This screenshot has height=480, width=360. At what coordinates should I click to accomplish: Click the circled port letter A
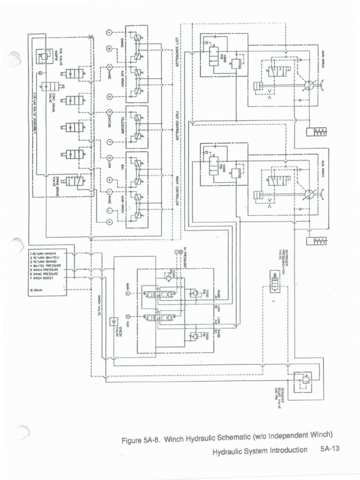pyautogui.click(x=109, y=32)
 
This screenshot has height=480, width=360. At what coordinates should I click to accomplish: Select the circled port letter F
pyautogui.click(x=109, y=142)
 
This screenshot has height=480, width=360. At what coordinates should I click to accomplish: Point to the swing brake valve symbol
pyautogui.click(x=75, y=181)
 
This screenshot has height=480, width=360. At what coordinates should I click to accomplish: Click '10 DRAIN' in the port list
pyautogui.click(x=37, y=290)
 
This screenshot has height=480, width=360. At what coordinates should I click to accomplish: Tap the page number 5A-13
pyautogui.click(x=330, y=449)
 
